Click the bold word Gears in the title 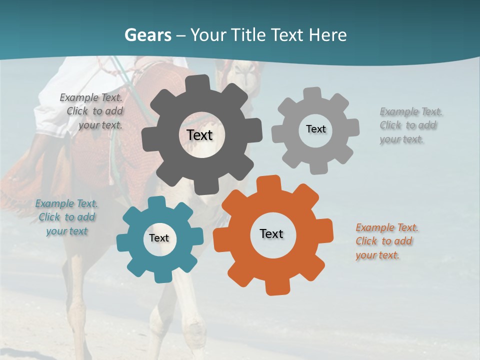tap(147, 35)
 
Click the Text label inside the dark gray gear tap(200, 135)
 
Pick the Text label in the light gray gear tap(315, 129)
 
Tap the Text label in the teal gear tap(159, 238)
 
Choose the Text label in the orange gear tap(271, 233)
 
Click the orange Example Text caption tap(386, 241)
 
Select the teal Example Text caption tap(66, 217)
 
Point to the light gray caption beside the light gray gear tap(410, 125)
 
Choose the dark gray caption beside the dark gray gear tap(92, 111)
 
